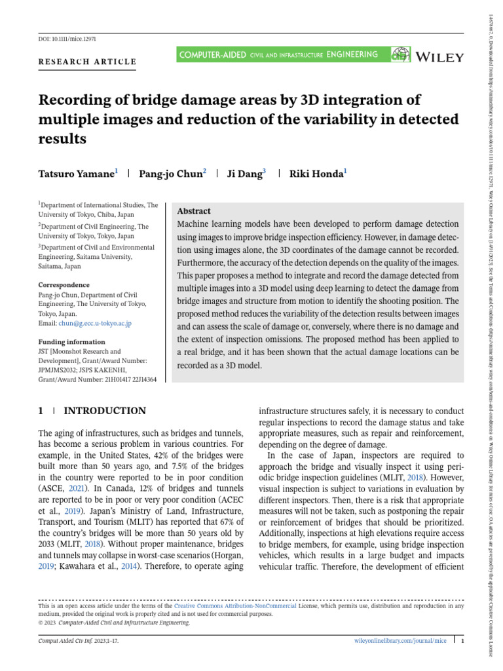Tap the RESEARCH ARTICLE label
pos(88,62)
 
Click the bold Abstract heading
pos(195,211)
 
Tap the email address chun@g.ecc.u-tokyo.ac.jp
pos(96,323)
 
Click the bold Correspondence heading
pos(64,285)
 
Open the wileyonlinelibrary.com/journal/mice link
pos(400,640)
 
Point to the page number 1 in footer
pos(462,640)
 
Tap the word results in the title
pos(63,139)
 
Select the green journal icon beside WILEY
pos(400,56)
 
